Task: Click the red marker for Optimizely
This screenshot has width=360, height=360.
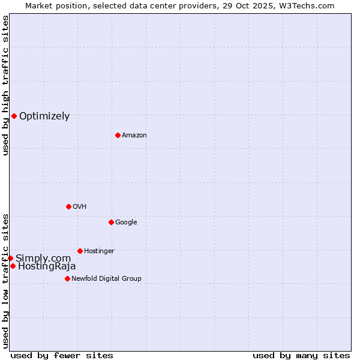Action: [14, 116]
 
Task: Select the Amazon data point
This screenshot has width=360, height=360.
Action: [118, 135]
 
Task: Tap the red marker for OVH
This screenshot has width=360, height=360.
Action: [68, 206]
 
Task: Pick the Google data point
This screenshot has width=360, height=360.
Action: [111, 222]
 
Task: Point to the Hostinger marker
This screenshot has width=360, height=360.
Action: [80, 251]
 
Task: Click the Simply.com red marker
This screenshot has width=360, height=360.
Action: [10, 258]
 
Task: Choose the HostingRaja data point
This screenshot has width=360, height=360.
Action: [13, 266]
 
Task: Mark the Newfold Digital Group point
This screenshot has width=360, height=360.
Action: [67, 278]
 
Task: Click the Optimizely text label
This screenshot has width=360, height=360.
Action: [44, 116]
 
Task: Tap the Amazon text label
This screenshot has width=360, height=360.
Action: [134, 136]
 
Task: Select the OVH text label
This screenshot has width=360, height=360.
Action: [80, 207]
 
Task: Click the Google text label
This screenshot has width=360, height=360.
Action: [126, 223]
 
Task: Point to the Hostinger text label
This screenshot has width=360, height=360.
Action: [99, 251]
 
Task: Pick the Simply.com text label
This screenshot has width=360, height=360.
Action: [43, 259]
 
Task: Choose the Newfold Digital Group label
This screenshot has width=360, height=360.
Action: [106, 279]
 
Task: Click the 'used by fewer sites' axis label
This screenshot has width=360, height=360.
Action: [62, 355]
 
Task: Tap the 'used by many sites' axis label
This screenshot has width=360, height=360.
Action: [301, 355]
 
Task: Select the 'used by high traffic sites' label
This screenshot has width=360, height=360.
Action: [5, 85]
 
